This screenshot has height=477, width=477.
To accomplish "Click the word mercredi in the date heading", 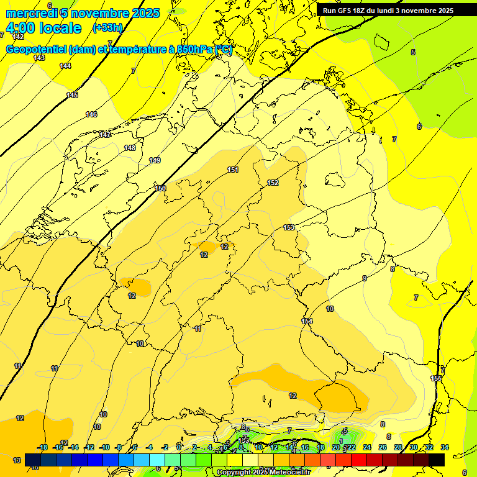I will [x=32, y=13].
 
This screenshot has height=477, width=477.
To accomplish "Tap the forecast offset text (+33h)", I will [x=107, y=28].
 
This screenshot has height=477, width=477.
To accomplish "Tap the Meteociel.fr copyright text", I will [x=263, y=473].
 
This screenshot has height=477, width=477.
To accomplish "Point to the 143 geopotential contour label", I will [x=39, y=58].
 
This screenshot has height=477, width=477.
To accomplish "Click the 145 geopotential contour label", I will [x=72, y=95].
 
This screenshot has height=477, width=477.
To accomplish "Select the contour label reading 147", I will [x=106, y=135].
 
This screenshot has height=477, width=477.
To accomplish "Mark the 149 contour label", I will [x=155, y=160].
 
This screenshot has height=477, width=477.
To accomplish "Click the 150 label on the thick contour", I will [x=160, y=188].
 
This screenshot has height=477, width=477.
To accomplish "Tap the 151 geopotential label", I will [x=232, y=170].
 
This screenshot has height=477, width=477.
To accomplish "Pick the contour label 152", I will [x=273, y=183].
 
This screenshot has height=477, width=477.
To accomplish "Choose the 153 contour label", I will [x=289, y=227].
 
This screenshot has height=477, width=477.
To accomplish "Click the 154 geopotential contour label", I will [x=307, y=321].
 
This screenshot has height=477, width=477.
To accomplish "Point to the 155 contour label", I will [x=436, y=378].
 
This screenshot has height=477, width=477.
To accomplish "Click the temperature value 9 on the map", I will [x=365, y=278].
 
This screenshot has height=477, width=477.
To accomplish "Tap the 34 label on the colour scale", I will [x=445, y=447].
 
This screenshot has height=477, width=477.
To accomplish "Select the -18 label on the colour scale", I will [x=43, y=447].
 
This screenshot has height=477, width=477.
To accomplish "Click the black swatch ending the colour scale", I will [x=437, y=460].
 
